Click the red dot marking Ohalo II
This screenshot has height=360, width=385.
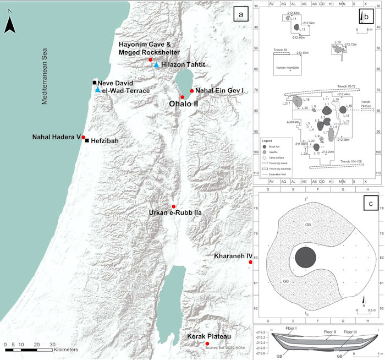coord(182,97)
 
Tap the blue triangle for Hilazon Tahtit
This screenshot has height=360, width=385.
coord(156,65)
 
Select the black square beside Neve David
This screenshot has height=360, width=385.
coord(95,83)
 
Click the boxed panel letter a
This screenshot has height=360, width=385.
coord(238,13)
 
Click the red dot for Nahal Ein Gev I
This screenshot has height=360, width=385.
coord(192,91)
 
